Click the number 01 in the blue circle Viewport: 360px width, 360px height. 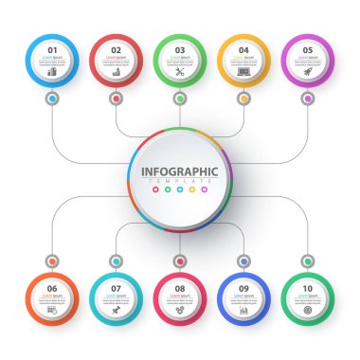(x=52, y=49)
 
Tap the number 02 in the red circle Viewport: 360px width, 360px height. (x=117, y=49)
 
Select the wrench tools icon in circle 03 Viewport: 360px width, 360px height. (x=180, y=71)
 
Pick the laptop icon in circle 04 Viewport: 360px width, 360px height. (x=243, y=71)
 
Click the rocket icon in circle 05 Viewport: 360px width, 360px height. (x=308, y=71)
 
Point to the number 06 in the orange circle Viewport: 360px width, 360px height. (x=52, y=288)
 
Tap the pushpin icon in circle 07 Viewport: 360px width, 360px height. (x=117, y=310)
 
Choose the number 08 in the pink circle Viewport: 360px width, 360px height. (x=180, y=288)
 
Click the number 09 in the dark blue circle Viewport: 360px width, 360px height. (x=243, y=288)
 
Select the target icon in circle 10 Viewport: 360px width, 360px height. (x=308, y=310)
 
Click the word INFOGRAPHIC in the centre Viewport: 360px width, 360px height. (x=179, y=171)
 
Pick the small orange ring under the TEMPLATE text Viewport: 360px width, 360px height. (x=191, y=190)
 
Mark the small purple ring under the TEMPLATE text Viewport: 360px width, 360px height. (x=204, y=190)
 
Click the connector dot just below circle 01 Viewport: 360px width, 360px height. (x=52, y=98)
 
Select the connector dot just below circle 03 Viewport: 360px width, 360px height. (x=180, y=98)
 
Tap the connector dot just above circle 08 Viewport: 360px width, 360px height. (x=180, y=261)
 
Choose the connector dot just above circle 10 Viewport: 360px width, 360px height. (x=308, y=261)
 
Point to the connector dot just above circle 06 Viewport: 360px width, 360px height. (x=52, y=261)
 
